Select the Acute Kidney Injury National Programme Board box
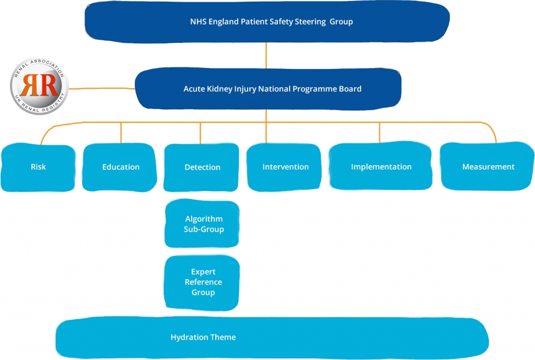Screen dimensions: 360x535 267,89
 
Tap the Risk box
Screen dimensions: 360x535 38,168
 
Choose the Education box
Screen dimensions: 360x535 120,168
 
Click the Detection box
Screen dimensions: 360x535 202,168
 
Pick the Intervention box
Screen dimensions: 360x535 285,168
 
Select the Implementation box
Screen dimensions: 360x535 381,167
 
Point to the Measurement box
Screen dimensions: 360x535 487,167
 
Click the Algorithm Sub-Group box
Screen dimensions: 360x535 203,224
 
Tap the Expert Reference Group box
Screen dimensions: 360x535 203,282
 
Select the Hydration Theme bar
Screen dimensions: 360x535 272,338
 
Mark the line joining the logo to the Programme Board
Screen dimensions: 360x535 102,88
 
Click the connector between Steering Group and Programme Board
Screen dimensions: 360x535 266,56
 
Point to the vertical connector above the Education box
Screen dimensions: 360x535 121,132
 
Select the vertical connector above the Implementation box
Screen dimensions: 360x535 380,132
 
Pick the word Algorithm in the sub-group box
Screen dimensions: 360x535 203,219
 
